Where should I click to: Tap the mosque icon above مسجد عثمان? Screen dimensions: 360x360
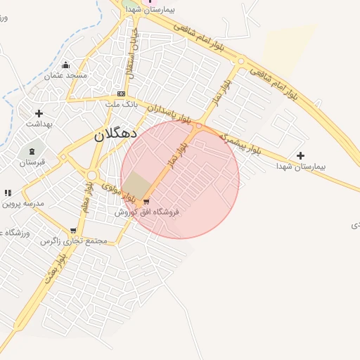pos(66,65)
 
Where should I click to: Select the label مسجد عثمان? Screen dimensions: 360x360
pos(66,75)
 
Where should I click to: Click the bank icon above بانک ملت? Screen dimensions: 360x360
pos(122,94)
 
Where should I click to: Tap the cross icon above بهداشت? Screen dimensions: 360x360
pos(39,113)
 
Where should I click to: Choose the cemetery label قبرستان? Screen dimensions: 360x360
pos(32,162)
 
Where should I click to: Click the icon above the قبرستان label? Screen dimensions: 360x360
pos(32,151)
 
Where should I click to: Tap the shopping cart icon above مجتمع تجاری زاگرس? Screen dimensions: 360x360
pos(73,231)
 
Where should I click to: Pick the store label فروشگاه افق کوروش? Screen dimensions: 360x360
pos(148,212)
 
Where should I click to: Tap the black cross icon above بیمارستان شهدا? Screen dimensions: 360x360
pos(301,155)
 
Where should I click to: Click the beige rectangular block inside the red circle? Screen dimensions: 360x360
pos(138,186)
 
